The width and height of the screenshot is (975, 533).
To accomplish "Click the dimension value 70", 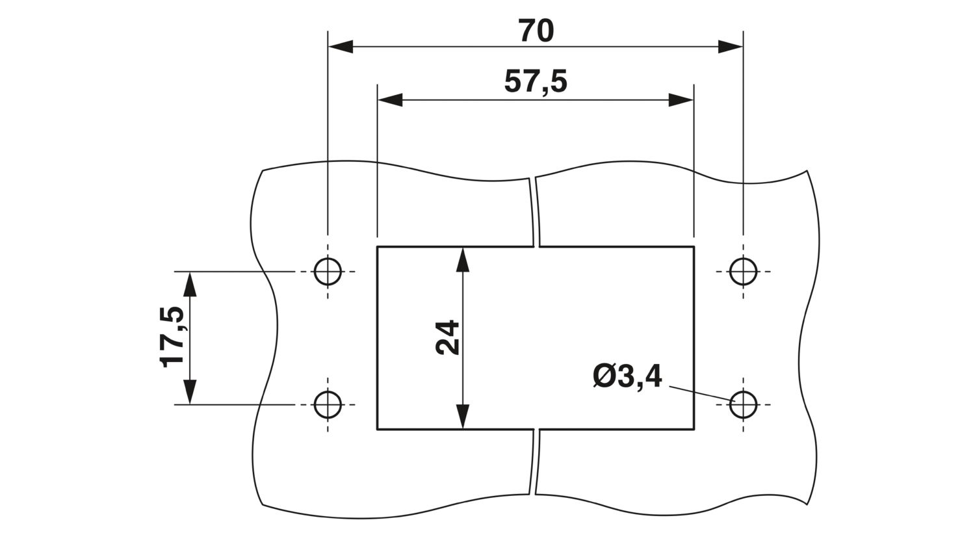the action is click(x=536, y=31).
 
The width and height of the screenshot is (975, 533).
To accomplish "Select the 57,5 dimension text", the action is click(x=536, y=83).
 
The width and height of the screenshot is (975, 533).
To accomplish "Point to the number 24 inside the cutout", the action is click(x=447, y=337).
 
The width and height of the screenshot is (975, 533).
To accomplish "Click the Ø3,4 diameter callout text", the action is click(x=628, y=377).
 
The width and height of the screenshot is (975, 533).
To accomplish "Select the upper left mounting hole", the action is click(x=328, y=272).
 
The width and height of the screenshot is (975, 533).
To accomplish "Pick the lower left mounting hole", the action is click(x=328, y=405).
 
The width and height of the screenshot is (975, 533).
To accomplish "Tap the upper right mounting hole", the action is click(x=744, y=272).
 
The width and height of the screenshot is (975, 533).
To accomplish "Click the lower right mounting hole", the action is click(x=744, y=405).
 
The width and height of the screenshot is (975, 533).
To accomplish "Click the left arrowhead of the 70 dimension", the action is click(x=341, y=47).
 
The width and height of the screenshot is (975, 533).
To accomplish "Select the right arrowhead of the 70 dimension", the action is click(x=731, y=47).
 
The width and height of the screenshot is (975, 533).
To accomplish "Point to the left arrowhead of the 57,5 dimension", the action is click(x=390, y=99).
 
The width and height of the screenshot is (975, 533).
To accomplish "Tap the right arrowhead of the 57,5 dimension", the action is click(x=681, y=99).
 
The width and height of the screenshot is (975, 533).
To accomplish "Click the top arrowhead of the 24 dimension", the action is click(x=463, y=260).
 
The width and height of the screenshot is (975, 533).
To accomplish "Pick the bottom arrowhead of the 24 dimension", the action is click(x=463, y=417).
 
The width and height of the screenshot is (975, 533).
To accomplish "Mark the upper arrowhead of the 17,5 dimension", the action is click(x=190, y=284).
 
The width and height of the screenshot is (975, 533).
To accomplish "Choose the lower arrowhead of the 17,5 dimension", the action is click(x=190, y=392).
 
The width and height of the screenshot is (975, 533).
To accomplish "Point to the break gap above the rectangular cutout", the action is click(x=536, y=212).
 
